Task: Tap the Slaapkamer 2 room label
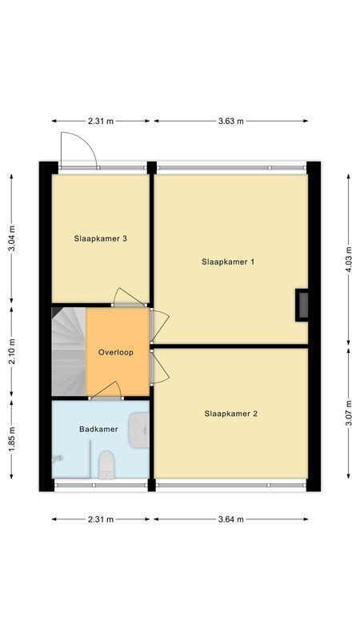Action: click(230, 414)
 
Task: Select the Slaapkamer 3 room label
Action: click(101, 238)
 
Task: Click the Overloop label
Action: click(116, 352)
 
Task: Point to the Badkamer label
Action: click(98, 429)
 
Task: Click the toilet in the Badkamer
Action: click(106, 464)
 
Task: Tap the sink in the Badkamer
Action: click(140, 428)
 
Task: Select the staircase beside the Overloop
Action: click(68, 352)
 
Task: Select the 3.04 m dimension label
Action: click(11, 238)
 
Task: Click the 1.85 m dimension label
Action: click(11, 438)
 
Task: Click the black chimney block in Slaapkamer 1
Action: click(302, 305)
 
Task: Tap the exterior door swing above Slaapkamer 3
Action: click(78, 150)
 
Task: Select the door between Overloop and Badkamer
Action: click(106, 390)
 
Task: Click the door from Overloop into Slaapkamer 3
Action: click(128, 298)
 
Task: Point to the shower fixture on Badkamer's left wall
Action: click(57, 458)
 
